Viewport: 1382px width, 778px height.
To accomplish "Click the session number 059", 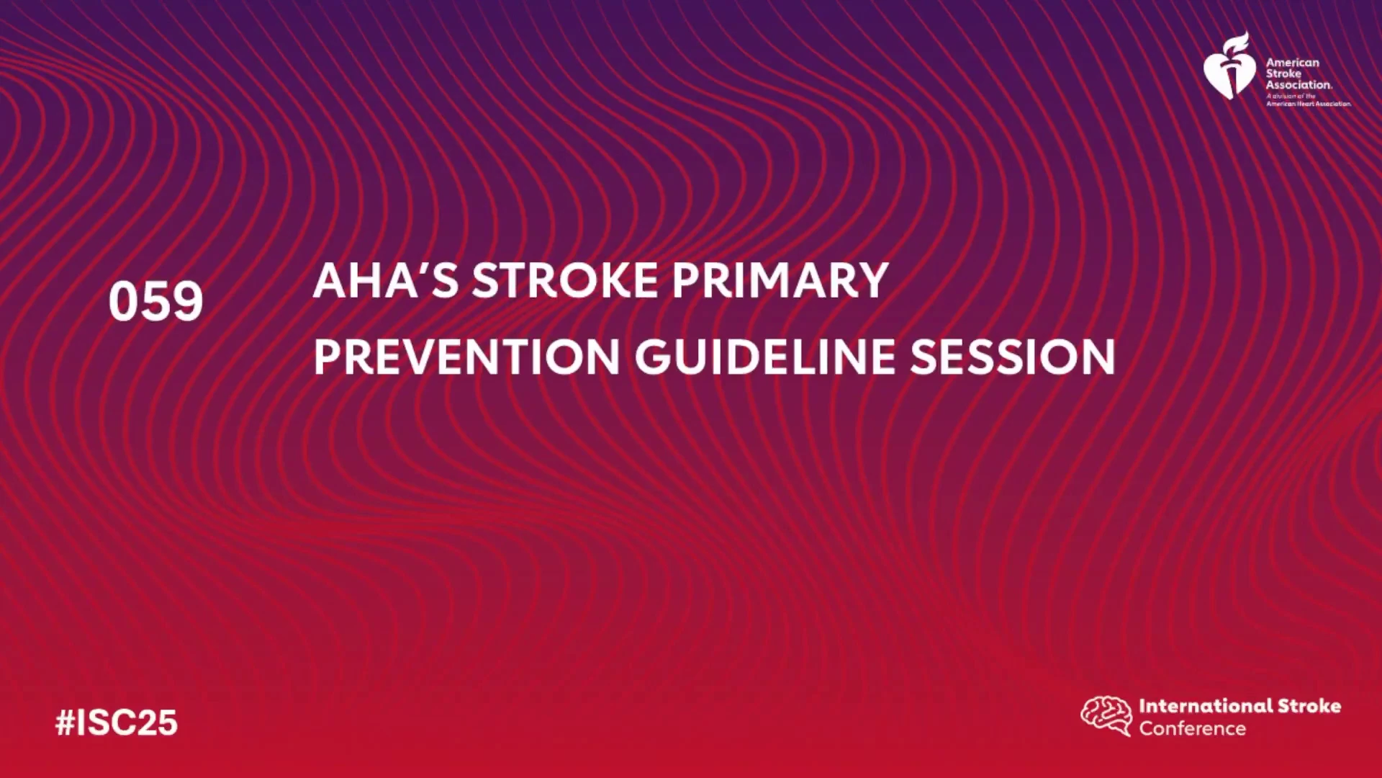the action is click(155, 301).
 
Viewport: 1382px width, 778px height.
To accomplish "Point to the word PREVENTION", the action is click(466, 357).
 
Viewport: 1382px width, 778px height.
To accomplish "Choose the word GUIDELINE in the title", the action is click(765, 357).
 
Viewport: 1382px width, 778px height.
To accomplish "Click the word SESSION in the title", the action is click(1013, 357).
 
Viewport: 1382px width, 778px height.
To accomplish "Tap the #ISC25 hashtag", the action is click(117, 723).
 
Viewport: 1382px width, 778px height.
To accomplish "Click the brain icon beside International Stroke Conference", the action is click(1106, 715).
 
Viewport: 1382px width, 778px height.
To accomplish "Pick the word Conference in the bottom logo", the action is click(1192, 728).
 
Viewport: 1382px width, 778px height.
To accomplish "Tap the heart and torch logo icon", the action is click(1230, 66).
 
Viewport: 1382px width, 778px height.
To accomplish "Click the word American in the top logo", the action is click(1293, 63).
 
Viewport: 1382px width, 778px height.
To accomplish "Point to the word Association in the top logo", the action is click(1299, 84).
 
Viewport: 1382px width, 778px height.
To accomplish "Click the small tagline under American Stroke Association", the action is click(1309, 100).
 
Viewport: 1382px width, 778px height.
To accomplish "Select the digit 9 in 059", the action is click(188, 301).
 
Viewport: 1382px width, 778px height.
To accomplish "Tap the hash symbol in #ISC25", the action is click(66, 723).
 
